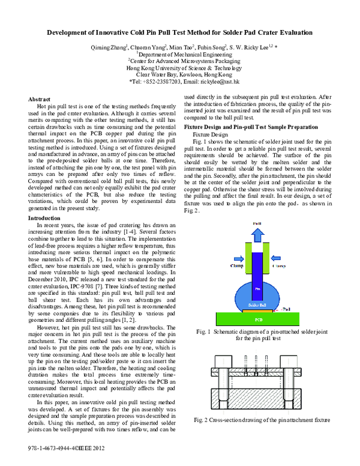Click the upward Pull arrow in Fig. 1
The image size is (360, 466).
pos(256,233)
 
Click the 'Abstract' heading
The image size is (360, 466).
pos(39,98)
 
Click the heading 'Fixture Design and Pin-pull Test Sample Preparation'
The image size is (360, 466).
pos(250,127)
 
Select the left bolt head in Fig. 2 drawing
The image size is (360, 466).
pos(217,359)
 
